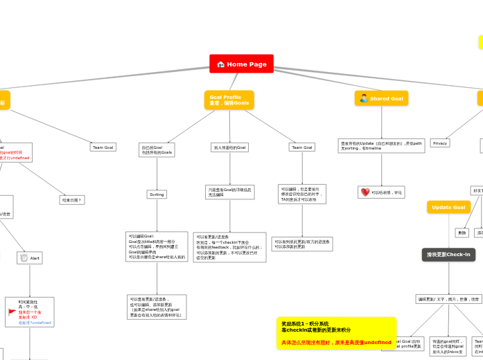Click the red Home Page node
tap(241, 64)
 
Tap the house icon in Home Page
tap(220, 64)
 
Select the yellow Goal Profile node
tap(229, 100)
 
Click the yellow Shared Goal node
tap(381, 98)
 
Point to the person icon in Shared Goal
tap(363, 98)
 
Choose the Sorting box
tap(157, 195)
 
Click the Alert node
tap(30, 258)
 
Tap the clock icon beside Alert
tap(24, 258)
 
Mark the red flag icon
tap(12, 312)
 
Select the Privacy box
tap(439, 143)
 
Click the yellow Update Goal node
tap(448, 207)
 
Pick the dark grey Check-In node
tap(448, 255)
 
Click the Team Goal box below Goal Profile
tap(301, 147)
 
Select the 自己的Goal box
tap(157, 150)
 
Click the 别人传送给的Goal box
tap(229, 147)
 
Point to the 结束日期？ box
tap(71, 200)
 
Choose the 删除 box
tap(462, 233)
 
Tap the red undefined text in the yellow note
tap(377, 342)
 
